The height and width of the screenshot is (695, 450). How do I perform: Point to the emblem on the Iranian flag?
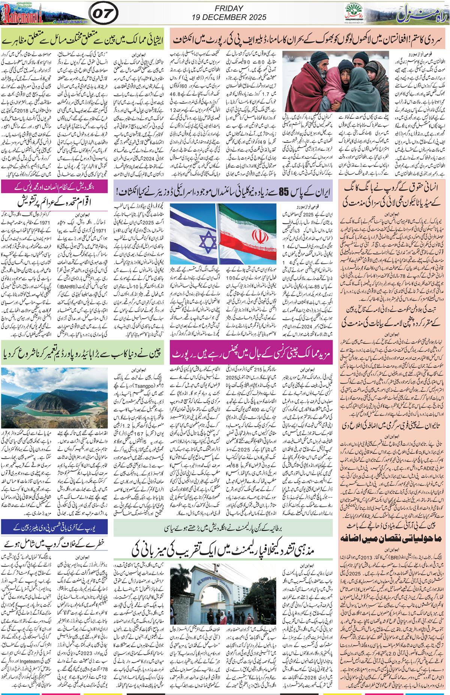click(x=257, y=237)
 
